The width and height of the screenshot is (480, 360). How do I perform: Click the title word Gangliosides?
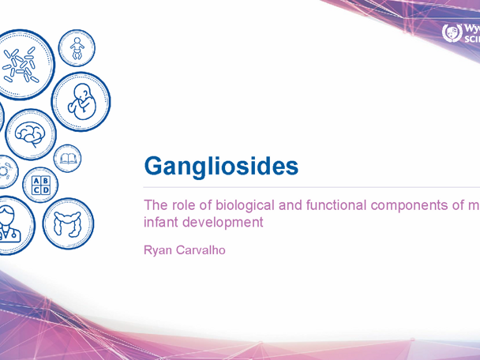coord(221,167)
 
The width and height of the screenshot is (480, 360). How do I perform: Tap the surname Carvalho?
coord(201,250)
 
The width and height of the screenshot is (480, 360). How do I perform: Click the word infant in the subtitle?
coord(159,223)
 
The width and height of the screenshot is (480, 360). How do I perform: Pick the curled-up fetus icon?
coord(81,100)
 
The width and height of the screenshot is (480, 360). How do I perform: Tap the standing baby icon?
coord(77,49)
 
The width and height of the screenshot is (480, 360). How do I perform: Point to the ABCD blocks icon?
coord(40,186)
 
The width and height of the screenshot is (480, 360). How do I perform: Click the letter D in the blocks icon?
coord(45,191)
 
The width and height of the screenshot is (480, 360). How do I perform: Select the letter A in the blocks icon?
coord(36,182)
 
